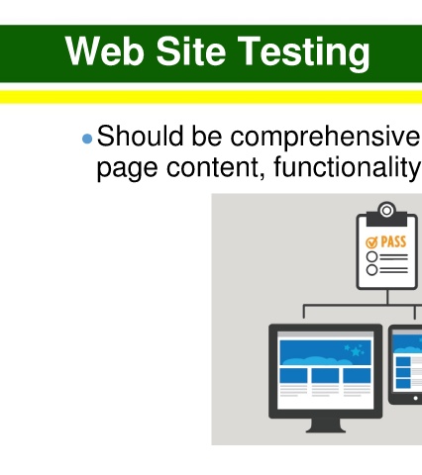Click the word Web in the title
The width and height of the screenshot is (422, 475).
pos(105,51)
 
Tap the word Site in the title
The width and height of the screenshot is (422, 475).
pos(191,51)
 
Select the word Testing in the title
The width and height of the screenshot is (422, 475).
pos(304,53)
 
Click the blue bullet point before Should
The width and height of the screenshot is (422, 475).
pos(87,139)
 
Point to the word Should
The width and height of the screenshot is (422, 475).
pos(140,136)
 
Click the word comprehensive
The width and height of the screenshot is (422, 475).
pos(325,139)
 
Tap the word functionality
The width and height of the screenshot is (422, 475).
pos(348,168)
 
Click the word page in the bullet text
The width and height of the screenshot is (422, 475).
pos(127,170)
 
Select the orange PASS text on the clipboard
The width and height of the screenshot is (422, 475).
pos(393,241)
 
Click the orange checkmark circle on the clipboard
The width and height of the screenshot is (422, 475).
pos(371,242)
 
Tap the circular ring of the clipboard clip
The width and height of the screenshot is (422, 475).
pos(386,210)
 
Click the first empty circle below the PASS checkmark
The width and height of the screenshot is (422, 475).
pos(371,256)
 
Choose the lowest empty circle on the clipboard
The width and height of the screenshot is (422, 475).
pos(371,270)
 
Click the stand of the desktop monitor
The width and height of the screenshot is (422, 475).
pos(326,426)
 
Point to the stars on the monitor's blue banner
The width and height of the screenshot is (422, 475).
pos(355,350)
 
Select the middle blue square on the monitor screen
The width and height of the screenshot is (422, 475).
pos(325,376)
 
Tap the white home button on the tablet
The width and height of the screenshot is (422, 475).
pos(415,398)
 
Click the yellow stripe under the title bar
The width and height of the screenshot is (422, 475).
pos(211,97)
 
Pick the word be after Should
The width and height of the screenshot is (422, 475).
pos(207,136)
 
